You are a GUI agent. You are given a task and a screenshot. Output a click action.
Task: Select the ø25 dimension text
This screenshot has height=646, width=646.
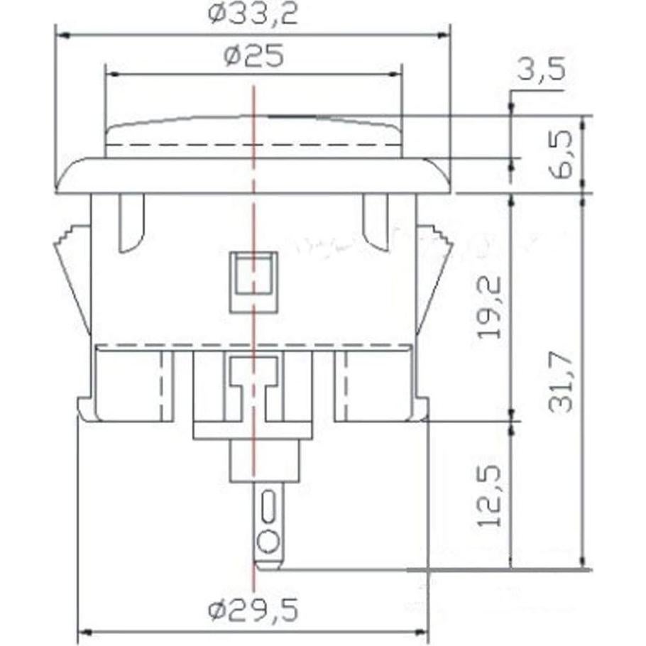tap(253, 55)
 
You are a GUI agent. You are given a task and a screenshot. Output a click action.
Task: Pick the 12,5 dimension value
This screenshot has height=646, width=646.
tap(490, 496)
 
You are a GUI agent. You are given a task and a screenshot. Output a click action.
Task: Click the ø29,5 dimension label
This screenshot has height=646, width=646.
tap(253, 609)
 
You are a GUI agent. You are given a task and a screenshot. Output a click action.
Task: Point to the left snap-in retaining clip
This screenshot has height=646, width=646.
tap(73, 277)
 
